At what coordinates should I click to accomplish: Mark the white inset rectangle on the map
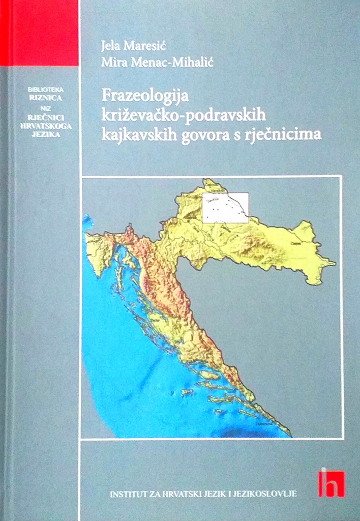[x=225, y=208]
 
